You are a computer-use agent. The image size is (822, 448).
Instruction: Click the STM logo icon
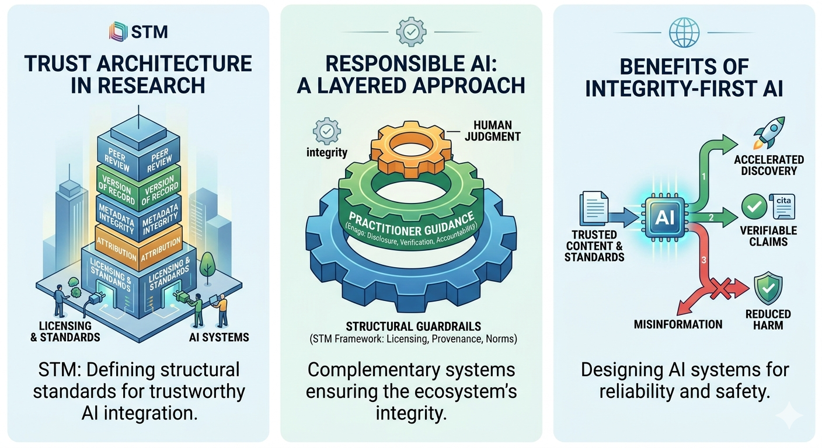click(117, 31)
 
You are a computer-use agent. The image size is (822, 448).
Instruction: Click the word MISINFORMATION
click(678, 324)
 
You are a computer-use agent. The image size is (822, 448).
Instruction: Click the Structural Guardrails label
click(411, 325)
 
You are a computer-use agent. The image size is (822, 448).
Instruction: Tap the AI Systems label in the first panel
click(220, 337)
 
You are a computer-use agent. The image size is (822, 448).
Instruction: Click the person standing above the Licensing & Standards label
click(60, 300)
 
